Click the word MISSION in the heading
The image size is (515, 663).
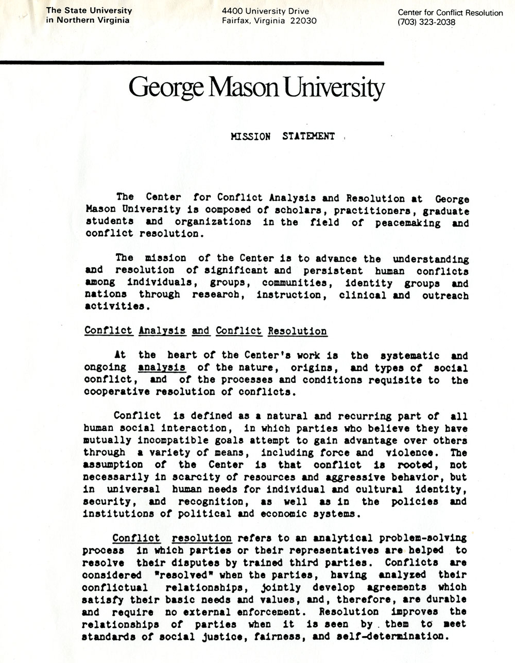[x=250, y=136]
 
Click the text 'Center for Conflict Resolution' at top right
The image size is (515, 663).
[x=450, y=13]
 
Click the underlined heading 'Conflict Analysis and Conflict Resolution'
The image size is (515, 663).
[x=205, y=330]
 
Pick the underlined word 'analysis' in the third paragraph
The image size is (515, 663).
[x=162, y=368]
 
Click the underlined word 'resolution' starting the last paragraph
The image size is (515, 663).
[x=202, y=538]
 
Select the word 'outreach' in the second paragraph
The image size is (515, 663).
[x=445, y=295]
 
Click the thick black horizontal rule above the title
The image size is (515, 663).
[x=192, y=63]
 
